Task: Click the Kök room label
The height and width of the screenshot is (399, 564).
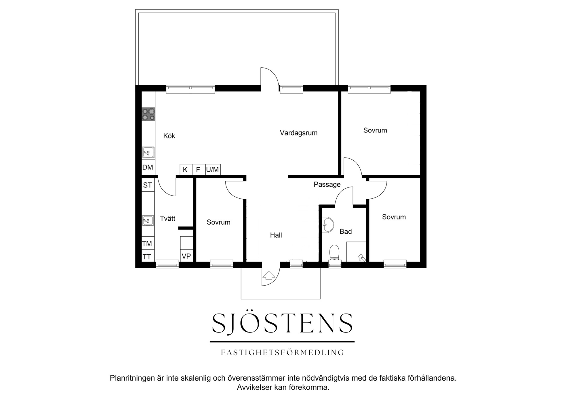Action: [x=169, y=136]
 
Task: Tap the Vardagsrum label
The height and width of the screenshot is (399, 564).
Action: [x=299, y=133]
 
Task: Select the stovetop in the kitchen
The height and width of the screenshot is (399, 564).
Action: [x=148, y=114]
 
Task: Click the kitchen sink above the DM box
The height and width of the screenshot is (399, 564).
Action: [x=148, y=153]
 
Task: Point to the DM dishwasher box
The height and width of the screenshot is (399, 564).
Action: [x=148, y=168]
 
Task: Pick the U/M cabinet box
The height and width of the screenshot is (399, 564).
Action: [x=213, y=170]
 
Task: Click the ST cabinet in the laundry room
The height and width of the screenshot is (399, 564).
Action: [x=148, y=185]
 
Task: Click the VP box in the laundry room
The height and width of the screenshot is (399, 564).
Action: [x=186, y=256]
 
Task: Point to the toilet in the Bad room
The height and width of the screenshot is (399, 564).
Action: [x=334, y=252]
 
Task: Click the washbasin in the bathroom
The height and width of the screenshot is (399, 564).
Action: [x=328, y=225]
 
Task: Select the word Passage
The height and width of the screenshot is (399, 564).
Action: [x=327, y=185]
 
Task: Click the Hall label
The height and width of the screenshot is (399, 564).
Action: [x=276, y=235]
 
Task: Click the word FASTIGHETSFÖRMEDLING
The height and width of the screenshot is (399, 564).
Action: [x=282, y=352]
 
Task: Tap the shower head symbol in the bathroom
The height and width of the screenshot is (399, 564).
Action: [x=362, y=258]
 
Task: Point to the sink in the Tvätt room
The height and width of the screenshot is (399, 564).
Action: [x=148, y=221]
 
